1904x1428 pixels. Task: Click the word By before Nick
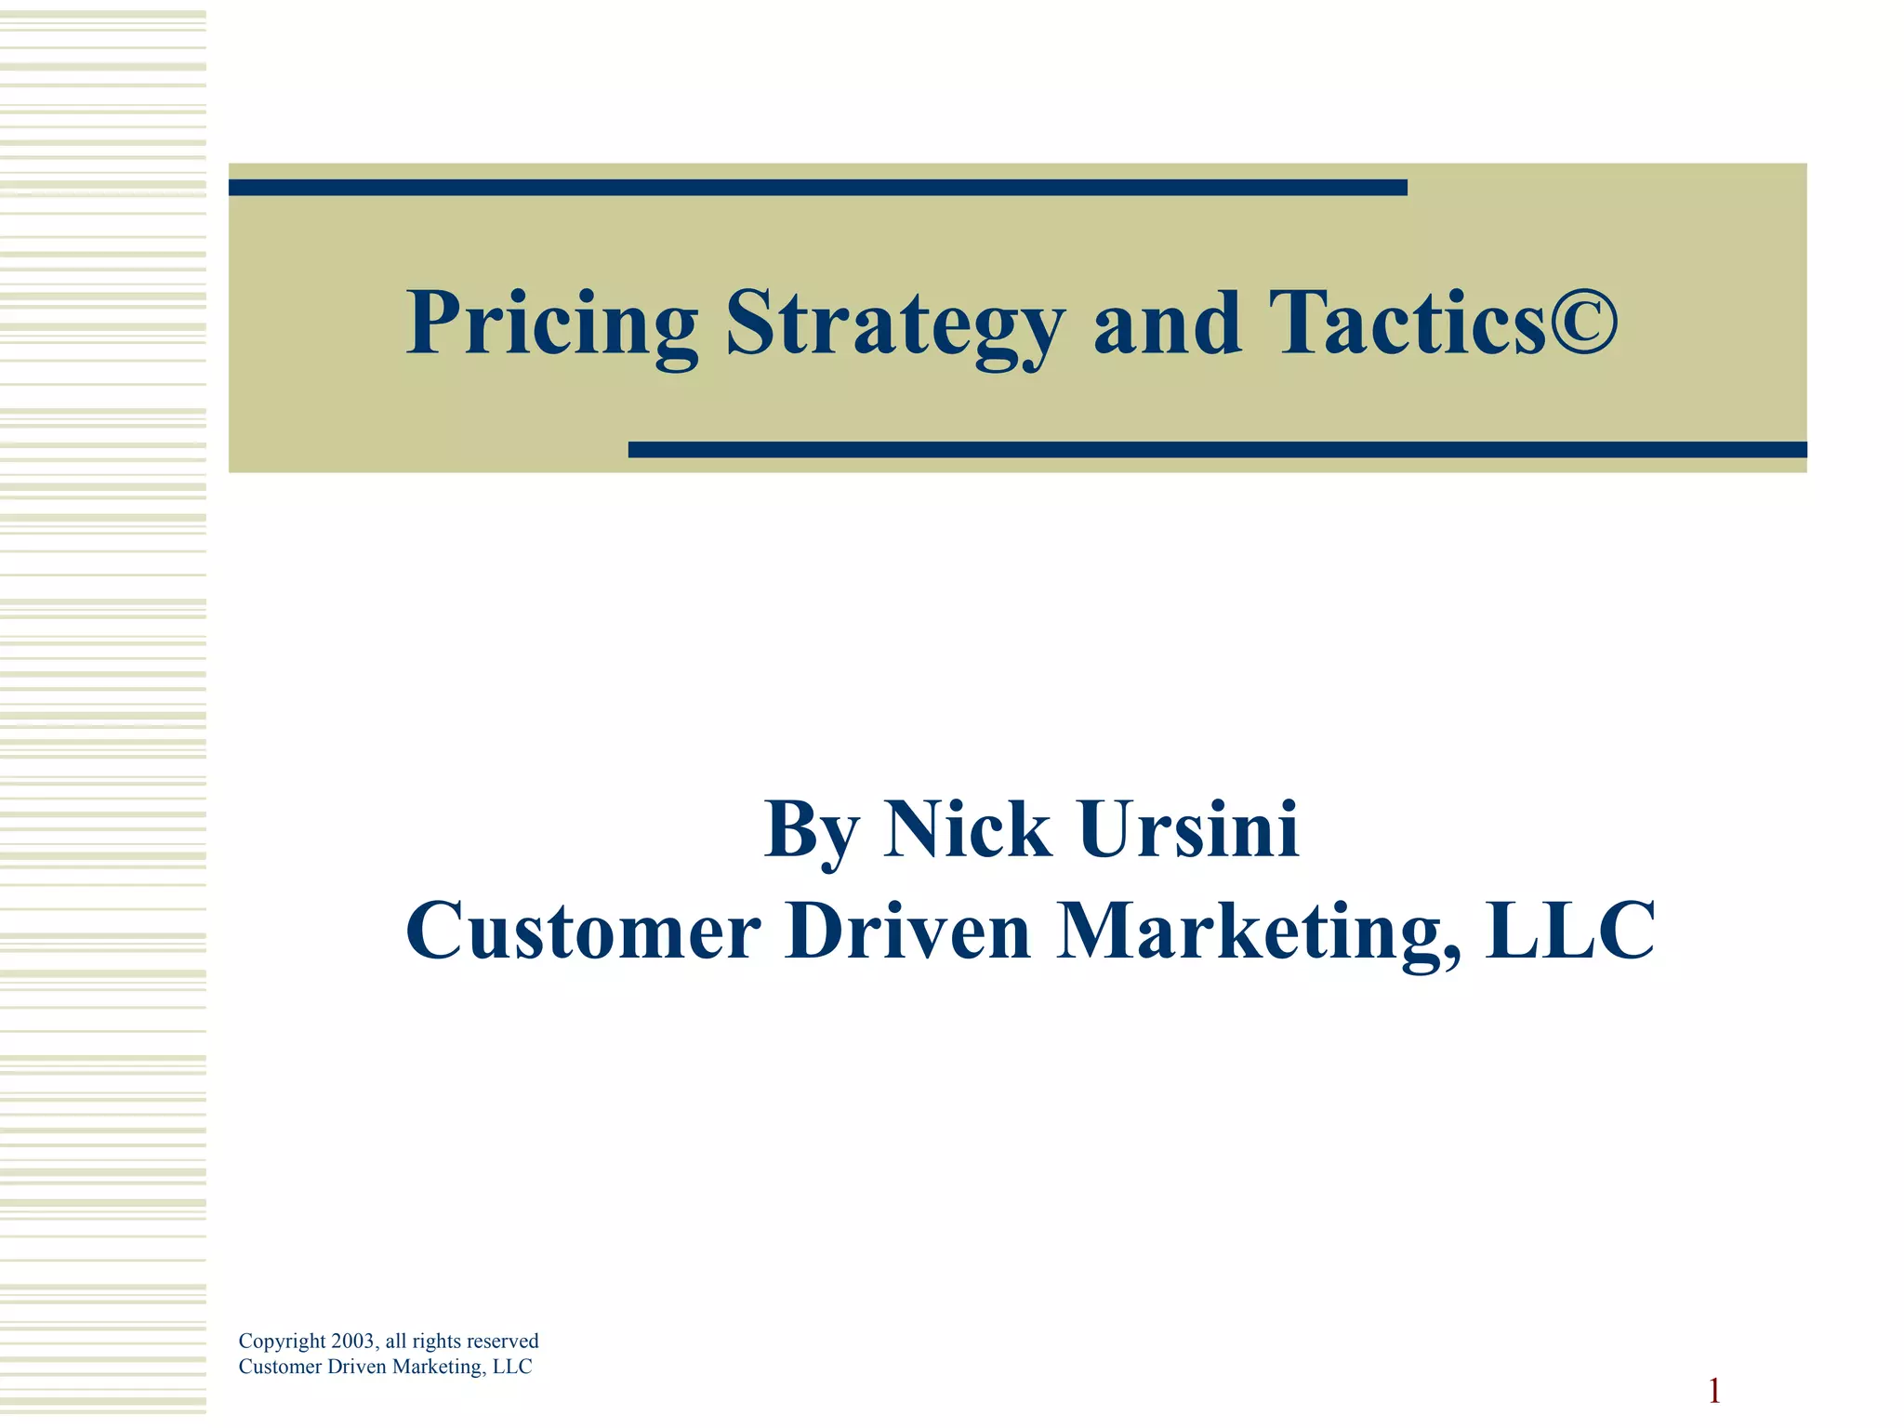click(x=811, y=830)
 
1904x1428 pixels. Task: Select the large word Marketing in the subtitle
click(x=1257, y=932)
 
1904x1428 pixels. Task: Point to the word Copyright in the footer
click(x=282, y=1342)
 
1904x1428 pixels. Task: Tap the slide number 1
click(x=1714, y=1392)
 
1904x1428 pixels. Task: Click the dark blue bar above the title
click(x=817, y=188)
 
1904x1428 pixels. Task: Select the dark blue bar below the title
click(x=1217, y=450)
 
